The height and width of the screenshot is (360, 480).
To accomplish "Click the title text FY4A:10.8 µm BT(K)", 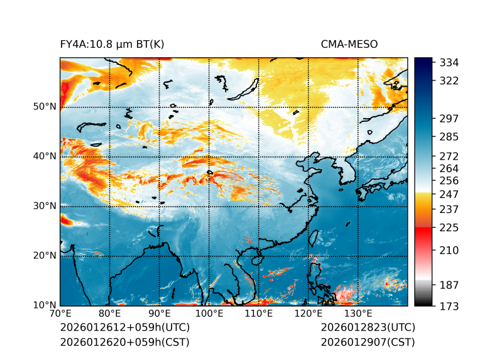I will (112, 44).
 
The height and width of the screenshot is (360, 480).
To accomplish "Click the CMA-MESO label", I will (349, 44).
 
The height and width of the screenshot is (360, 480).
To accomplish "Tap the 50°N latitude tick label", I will (45, 107).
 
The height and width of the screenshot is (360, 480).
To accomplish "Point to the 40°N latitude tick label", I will (45, 156).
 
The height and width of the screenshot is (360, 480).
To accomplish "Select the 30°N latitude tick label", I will (45, 206).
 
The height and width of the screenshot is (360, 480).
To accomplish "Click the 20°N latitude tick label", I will (45, 256).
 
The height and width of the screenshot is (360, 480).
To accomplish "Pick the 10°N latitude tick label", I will (45, 305).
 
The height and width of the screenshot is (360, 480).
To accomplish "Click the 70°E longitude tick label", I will (60, 314).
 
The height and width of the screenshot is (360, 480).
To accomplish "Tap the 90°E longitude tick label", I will (160, 314).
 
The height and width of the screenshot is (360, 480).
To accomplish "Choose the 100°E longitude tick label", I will (209, 314).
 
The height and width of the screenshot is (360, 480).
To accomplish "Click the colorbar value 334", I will (449, 63).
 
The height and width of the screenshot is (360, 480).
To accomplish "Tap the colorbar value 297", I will (449, 118).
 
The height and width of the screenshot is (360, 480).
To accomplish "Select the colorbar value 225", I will (449, 227).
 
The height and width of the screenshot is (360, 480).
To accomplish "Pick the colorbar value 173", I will (449, 306).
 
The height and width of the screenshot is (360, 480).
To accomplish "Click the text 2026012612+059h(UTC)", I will (124, 328).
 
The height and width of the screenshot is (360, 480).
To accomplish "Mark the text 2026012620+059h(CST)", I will (124, 342).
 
